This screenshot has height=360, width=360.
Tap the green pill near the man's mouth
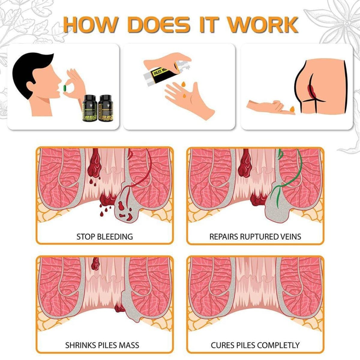click(64, 88)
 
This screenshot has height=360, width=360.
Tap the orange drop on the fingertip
click(292, 109)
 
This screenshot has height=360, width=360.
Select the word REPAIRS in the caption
click(224, 236)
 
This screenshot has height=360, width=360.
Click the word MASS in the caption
click(128, 345)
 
